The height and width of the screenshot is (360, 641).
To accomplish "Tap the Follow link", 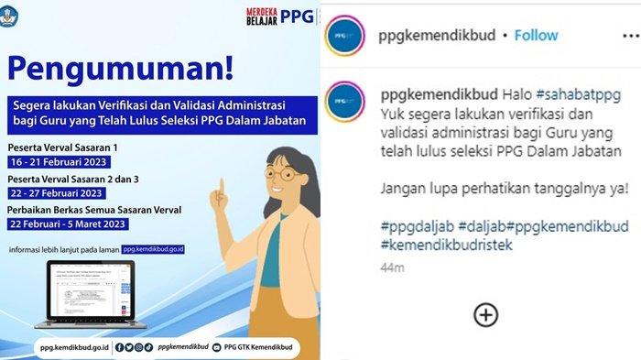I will tap(536, 35).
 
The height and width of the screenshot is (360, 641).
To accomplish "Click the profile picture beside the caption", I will tap(345, 100).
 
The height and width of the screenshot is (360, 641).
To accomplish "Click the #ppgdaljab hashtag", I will tap(410, 225).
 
